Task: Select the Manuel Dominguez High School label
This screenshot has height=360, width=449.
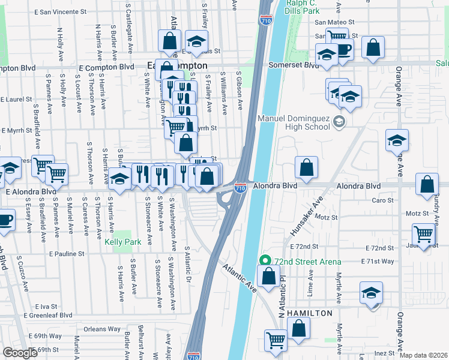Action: [294, 122]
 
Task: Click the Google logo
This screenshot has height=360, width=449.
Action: [20, 353]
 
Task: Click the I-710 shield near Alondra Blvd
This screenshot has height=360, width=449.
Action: [240, 188]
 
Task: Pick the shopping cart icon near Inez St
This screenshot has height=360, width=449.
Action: [276, 340]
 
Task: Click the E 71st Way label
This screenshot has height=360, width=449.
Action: [378, 261]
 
